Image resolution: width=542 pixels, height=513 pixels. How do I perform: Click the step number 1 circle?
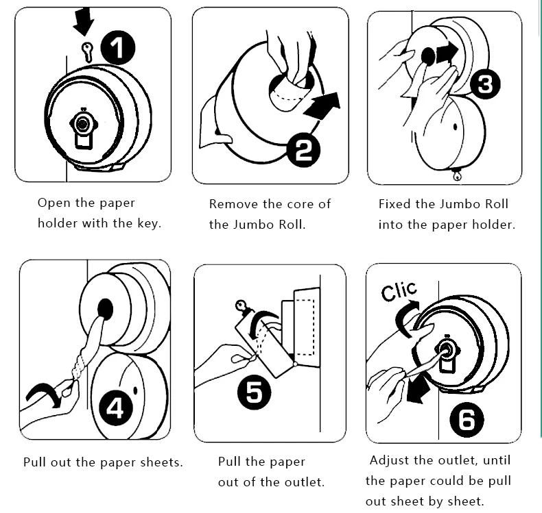[118, 50]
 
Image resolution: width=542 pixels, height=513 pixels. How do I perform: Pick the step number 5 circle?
[254, 392]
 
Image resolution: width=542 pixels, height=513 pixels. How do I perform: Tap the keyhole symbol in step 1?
[86, 50]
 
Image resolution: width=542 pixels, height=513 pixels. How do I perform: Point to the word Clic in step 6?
[399, 292]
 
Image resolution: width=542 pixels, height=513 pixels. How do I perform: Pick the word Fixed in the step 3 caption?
[395, 204]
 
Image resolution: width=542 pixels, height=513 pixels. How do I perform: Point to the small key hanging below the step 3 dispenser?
[455, 177]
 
